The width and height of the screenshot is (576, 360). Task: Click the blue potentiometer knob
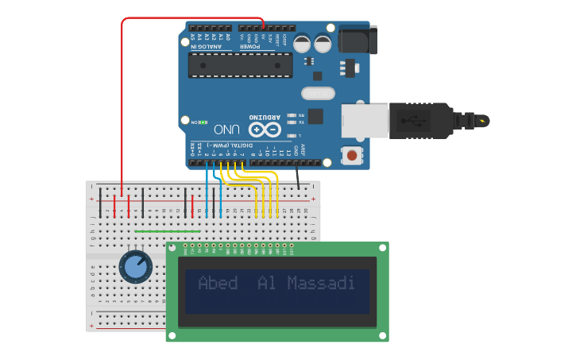coord(137,267)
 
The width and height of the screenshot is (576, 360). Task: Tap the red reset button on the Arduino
coord(350,156)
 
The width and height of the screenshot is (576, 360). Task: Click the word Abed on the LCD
coord(218,283)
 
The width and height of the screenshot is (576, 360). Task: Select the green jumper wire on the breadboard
coord(167,231)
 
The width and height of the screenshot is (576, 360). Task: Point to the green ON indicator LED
coord(204,122)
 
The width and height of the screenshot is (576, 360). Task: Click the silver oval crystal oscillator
coord(318,94)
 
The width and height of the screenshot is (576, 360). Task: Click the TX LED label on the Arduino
coord(300,122)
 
